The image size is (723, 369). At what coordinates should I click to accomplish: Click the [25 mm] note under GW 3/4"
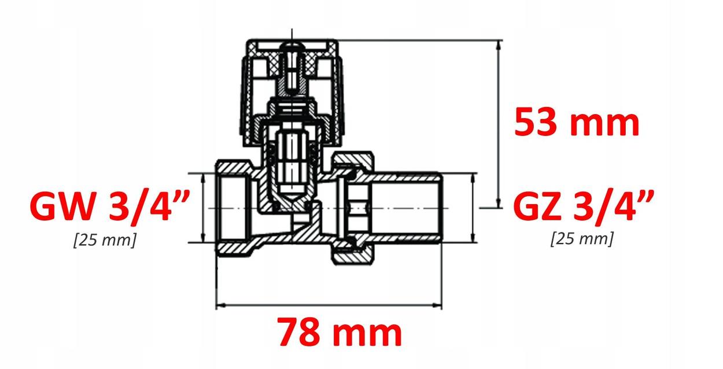[105, 239]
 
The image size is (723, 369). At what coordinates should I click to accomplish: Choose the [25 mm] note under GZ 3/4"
[581, 238]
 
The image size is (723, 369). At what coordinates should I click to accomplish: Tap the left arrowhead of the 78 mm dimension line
[220, 305]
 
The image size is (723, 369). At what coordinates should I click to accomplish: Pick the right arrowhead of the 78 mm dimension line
[438, 305]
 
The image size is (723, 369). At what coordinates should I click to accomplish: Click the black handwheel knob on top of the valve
[292, 93]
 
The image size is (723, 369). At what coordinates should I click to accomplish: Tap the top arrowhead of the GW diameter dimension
[203, 177]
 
